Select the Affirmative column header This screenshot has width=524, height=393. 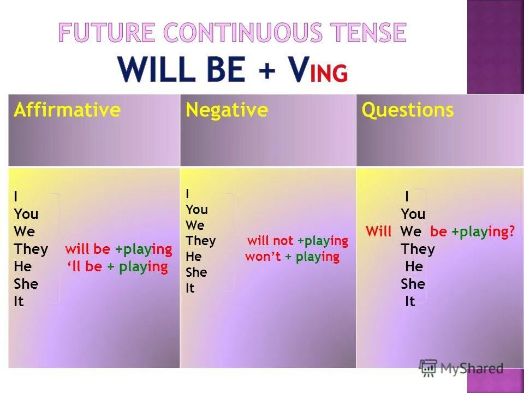pyautogui.click(x=67, y=110)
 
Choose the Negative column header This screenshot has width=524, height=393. pyautogui.click(x=227, y=110)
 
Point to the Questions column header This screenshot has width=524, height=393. pyautogui.click(x=408, y=110)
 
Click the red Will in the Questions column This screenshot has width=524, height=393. pyautogui.click(x=378, y=231)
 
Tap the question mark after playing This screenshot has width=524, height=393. pyautogui.click(x=512, y=231)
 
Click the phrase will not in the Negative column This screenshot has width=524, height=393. pyautogui.click(x=270, y=241)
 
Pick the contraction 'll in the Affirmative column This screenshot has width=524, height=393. pyautogui.click(x=75, y=267)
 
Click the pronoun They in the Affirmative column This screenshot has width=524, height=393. pyautogui.click(x=31, y=249)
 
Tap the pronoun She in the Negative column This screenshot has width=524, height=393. pyautogui.click(x=196, y=272)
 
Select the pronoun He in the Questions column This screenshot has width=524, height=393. pyautogui.click(x=414, y=267)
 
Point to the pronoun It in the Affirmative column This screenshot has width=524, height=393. pyautogui.click(x=19, y=301)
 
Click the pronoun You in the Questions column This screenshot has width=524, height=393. pyautogui.click(x=413, y=215)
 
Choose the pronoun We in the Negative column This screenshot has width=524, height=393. pyautogui.click(x=194, y=225)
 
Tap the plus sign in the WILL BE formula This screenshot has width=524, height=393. pyautogui.click(x=267, y=70)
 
